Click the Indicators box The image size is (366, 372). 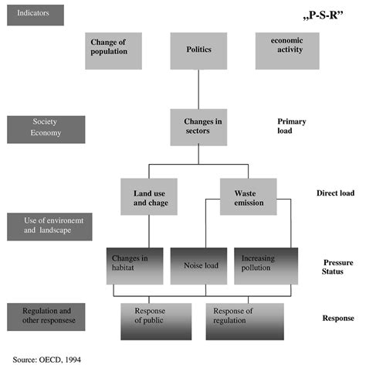pos(35,15)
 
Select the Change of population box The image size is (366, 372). pos(117,49)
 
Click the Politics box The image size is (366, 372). pos(198,49)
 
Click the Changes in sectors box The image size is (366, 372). pos(198,127)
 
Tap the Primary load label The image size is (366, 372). pos(297,125)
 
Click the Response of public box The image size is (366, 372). pos(155,321)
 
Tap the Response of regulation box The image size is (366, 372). pos(245,321)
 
